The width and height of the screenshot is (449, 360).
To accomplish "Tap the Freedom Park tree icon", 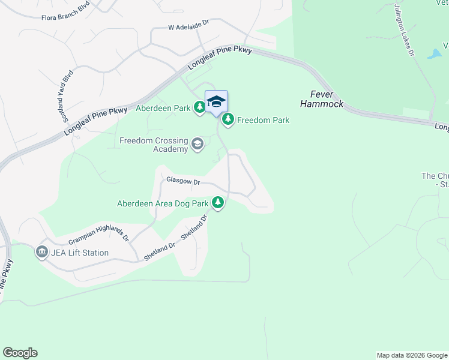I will coord(228,120).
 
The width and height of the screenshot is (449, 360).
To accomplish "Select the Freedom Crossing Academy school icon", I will coord(197,144).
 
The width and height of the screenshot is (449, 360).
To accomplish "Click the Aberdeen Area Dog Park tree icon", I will coord(218,203).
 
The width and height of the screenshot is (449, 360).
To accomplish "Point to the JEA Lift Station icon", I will coord(42,253).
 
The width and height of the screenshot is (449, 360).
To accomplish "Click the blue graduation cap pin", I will coord(216,101).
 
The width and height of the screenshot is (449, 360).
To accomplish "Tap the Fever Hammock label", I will coord(327,99).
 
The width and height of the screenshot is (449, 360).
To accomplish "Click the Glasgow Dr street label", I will coord(182,181).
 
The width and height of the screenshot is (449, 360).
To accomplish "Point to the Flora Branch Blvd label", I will coord(65,17).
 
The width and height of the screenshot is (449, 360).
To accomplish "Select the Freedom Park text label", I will coord(263,120).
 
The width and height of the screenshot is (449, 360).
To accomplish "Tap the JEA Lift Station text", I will coord(80,253).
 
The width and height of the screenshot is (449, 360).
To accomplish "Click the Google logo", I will coord(20,353).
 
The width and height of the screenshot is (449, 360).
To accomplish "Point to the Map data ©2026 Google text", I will coord(412,355).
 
